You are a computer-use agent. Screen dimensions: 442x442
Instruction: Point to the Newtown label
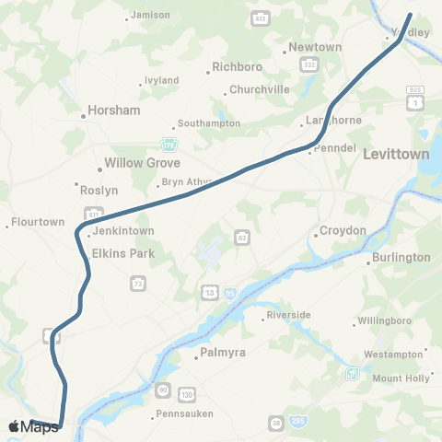[x=315, y=47]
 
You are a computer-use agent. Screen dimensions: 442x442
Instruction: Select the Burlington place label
[x=402, y=258]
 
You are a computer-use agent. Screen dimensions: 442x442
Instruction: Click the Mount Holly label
[x=401, y=378]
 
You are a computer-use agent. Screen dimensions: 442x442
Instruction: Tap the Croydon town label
[x=343, y=230]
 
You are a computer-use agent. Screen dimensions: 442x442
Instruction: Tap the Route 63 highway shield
[x=240, y=237]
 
